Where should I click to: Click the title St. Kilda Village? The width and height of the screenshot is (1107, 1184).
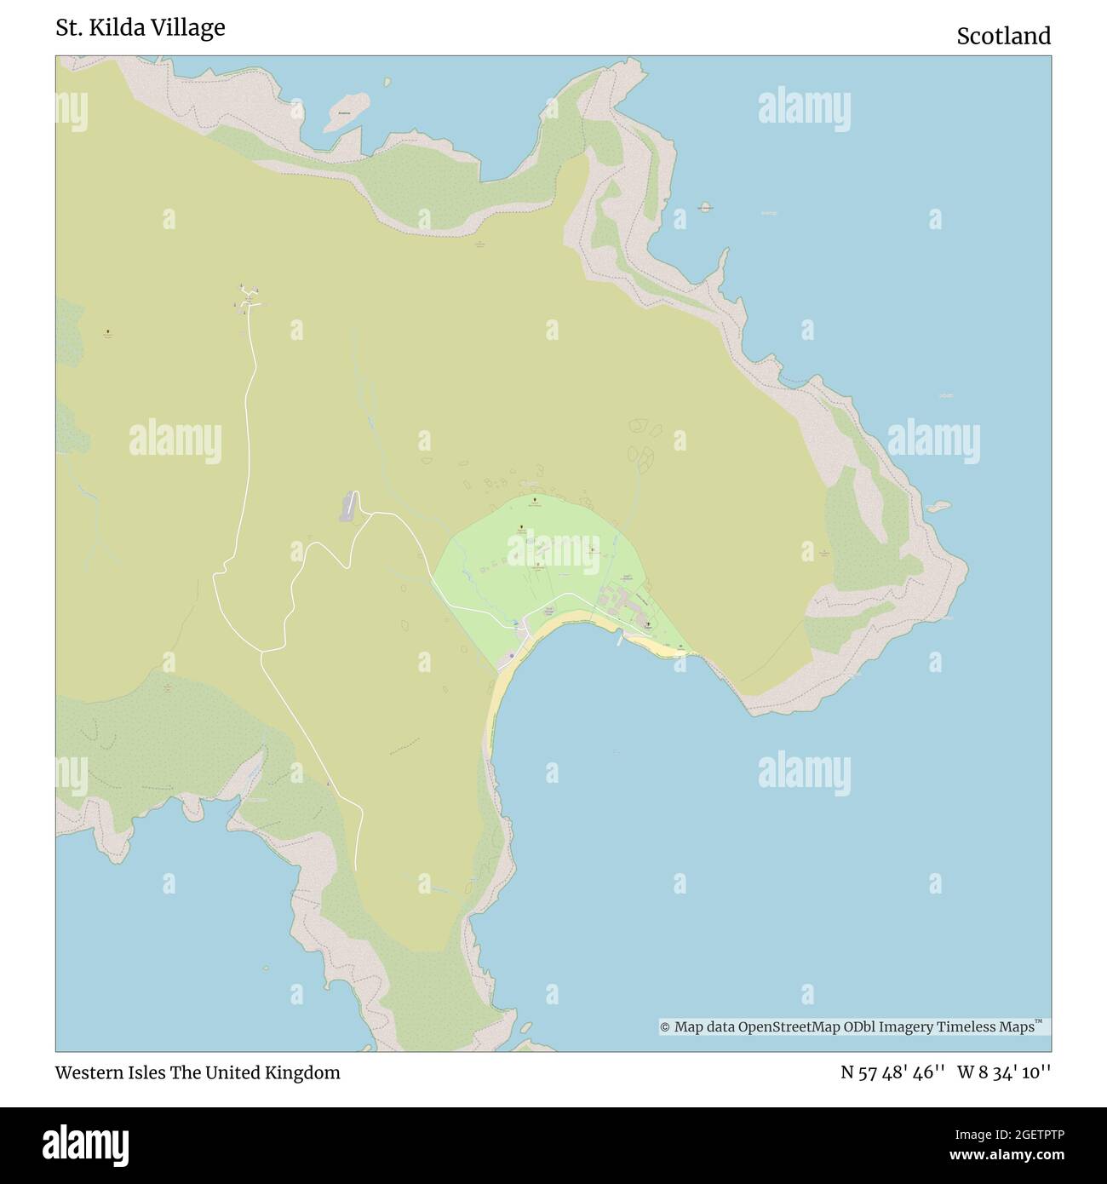(x=141, y=28)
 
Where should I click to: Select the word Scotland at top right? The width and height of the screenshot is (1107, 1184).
(x=1003, y=37)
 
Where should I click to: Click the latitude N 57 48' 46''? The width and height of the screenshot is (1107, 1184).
(x=893, y=1073)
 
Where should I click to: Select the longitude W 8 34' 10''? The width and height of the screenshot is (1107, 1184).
(x=1004, y=1073)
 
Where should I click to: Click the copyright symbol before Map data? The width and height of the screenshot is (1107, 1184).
(x=665, y=1027)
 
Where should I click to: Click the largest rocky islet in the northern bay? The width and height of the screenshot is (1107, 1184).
(x=345, y=112)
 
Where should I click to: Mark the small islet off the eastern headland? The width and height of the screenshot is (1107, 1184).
(x=938, y=507)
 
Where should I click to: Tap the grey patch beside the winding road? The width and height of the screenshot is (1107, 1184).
(x=347, y=507)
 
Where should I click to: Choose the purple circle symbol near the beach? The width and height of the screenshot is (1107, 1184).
(x=511, y=655)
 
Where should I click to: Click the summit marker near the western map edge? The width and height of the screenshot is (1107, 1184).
(x=108, y=331)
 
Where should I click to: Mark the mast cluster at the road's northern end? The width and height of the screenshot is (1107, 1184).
(x=247, y=297)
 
